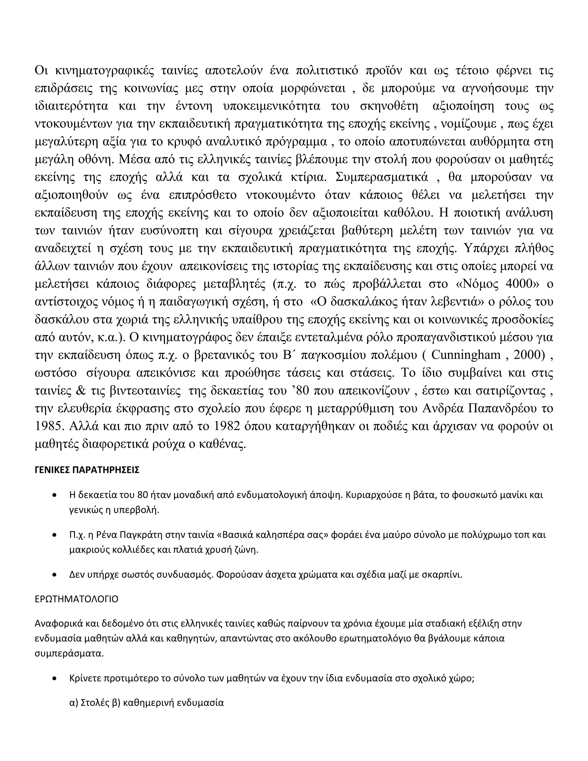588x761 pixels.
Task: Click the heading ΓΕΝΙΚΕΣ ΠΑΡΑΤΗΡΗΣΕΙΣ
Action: pos(87,470)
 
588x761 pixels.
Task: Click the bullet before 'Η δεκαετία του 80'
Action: pos(54,495)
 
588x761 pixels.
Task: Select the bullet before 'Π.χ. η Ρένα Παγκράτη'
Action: pos(54,535)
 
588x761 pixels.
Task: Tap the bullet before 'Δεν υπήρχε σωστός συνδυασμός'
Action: pos(54,575)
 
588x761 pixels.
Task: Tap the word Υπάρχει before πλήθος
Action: pos(484,248)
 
